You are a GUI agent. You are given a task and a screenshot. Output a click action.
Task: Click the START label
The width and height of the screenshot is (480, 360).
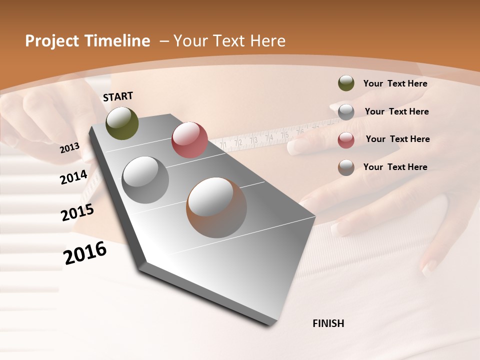118,96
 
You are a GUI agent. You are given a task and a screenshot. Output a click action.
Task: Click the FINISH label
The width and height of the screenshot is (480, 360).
328,323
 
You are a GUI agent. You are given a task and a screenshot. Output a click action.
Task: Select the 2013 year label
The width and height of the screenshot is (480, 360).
69,147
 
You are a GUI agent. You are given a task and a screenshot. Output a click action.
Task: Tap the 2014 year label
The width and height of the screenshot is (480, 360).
73,177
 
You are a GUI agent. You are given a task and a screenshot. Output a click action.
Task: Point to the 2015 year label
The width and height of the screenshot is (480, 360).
77,212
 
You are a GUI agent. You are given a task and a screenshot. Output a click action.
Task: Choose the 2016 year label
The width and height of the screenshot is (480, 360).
85,252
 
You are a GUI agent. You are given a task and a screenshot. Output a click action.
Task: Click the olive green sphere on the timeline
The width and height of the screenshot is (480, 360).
122,123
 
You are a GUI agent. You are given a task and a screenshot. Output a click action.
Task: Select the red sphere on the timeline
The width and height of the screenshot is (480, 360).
189,140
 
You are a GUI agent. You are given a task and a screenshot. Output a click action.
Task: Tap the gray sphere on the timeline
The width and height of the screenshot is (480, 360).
145,180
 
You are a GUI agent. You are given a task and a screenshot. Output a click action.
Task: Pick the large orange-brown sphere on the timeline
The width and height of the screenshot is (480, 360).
216,207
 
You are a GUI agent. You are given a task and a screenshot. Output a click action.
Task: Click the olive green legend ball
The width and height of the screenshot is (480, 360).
346,83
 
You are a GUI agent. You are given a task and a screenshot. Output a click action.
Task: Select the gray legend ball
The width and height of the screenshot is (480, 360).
346,111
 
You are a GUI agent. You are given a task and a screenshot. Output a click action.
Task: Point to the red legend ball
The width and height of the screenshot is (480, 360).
346,139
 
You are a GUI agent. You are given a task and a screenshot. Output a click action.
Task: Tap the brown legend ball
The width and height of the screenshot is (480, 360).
346,167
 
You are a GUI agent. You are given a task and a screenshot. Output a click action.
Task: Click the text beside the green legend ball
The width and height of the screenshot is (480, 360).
395,84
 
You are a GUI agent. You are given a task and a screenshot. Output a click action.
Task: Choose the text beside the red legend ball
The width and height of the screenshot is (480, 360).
397,139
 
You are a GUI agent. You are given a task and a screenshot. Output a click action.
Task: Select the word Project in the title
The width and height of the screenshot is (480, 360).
50,41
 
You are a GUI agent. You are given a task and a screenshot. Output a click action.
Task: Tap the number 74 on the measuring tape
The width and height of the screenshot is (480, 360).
269,137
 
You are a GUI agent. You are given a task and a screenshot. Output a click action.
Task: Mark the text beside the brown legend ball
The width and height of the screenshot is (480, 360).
395,167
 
